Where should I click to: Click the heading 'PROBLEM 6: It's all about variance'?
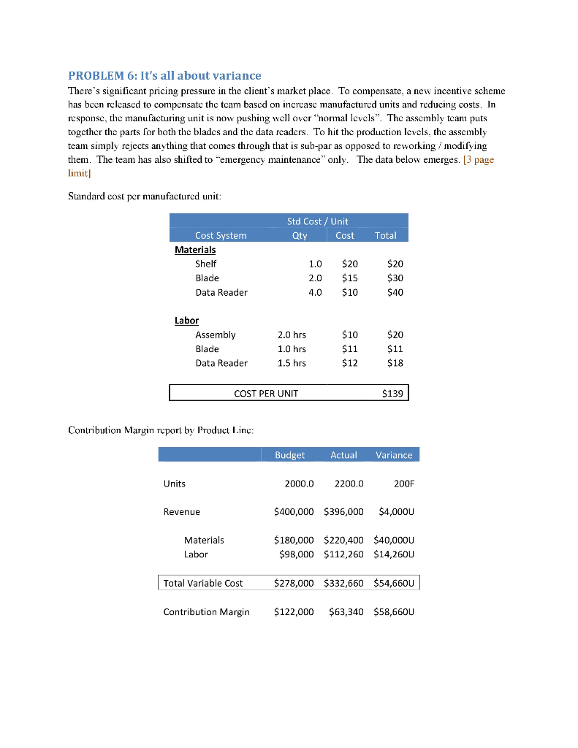pyautogui.click(x=164, y=76)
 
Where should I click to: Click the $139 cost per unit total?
pyautogui.click(x=392, y=394)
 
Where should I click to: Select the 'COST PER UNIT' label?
pyautogui.click(x=266, y=394)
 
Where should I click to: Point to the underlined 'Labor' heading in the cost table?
pyautogui.click(x=186, y=321)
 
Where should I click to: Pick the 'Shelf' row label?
pyautogui.click(x=206, y=264)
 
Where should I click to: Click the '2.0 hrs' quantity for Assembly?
pyautogui.click(x=292, y=335)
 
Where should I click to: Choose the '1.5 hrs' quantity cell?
pyautogui.click(x=292, y=363)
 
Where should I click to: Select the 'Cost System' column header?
pyautogui.click(x=221, y=235)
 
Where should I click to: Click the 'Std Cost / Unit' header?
pyautogui.click(x=318, y=221)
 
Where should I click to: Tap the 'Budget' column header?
pyautogui.click(x=289, y=455)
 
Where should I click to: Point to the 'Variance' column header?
pyautogui.click(x=394, y=455)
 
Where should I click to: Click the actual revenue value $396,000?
pyautogui.click(x=343, y=512)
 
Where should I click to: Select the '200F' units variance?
pyautogui.click(x=403, y=484)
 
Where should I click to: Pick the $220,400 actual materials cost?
pyautogui.click(x=343, y=541)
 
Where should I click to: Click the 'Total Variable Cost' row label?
pyautogui.click(x=203, y=583)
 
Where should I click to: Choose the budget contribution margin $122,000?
pyautogui.click(x=294, y=612)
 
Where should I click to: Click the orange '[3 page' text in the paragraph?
pyautogui.click(x=474, y=160)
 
